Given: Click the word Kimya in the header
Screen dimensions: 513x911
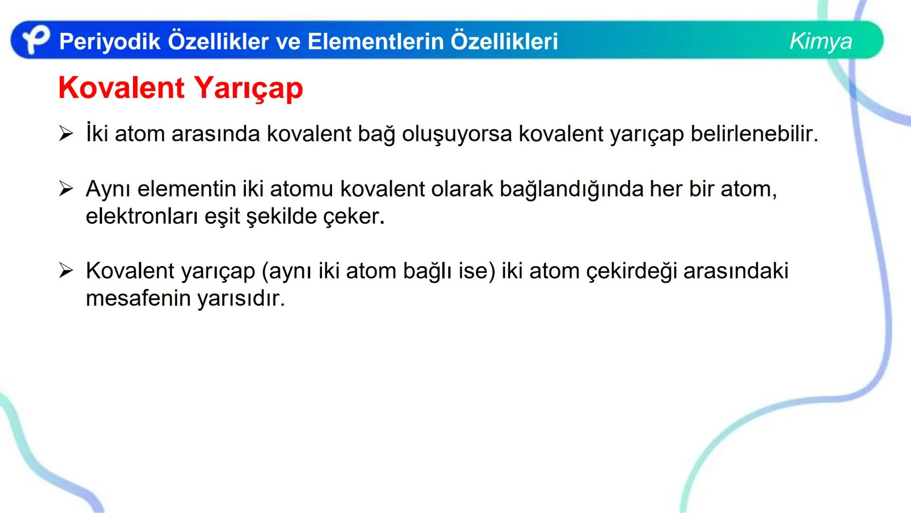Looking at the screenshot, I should [820, 41].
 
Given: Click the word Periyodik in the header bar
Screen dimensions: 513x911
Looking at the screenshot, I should [110, 42].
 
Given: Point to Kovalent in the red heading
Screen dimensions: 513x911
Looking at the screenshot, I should [121, 88].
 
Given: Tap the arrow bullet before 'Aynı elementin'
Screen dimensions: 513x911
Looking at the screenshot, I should [66, 189].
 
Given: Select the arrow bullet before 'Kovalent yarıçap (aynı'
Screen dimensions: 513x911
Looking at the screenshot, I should [66, 271].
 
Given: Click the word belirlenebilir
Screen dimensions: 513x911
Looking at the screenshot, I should [754, 134].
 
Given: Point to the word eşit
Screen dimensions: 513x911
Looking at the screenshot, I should [222, 217].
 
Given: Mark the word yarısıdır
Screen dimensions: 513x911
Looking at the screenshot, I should [241, 299].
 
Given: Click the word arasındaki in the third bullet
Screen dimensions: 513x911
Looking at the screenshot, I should [736, 271].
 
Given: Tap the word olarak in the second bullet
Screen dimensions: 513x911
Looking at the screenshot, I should [462, 189].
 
